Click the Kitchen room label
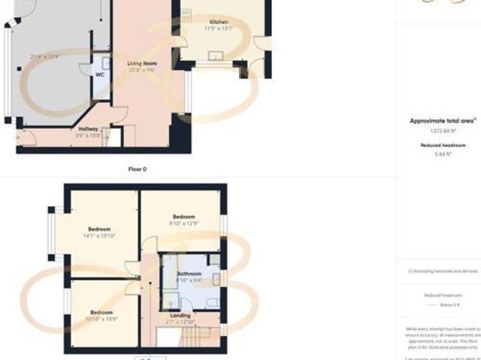pos(218,23)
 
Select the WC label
pos(100,75)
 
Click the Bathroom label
pos(188,274)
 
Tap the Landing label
pos(181,315)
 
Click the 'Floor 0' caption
pos(137,169)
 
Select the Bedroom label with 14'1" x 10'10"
pos(99,229)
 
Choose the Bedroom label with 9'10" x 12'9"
pos(183,216)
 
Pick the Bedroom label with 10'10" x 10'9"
pos(101,312)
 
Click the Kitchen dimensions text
pos(218,29)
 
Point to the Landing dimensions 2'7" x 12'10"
pos(181,322)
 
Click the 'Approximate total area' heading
pos(442,121)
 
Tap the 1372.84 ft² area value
pos(442,131)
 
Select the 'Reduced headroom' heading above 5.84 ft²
pos(442,145)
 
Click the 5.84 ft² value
pos(442,154)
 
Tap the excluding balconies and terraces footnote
pos(443,271)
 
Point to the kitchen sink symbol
pos(218,55)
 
